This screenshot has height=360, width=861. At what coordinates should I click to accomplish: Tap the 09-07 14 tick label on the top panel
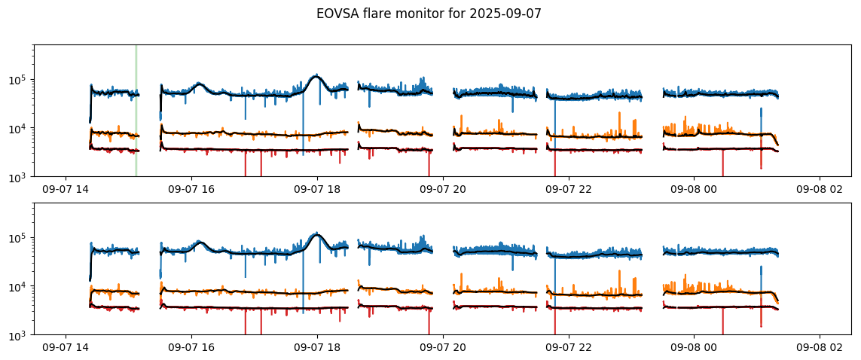click(x=66, y=190)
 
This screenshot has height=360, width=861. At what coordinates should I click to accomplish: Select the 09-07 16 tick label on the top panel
click(x=191, y=190)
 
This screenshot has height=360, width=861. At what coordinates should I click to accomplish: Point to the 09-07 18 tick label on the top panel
click(x=317, y=190)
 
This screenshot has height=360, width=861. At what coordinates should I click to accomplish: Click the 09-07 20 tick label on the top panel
click(x=443, y=190)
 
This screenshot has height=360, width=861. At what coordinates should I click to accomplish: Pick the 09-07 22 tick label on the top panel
click(x=569, y=190)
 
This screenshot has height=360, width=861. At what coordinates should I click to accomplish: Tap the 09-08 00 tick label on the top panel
click(x=695, y=190)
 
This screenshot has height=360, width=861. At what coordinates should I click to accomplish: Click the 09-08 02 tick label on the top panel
click(x=820, y=190)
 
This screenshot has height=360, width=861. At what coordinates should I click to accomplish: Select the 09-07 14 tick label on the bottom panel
click(x=66, y=348)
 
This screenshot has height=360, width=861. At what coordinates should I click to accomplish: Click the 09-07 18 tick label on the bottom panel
click(x=317, y=348)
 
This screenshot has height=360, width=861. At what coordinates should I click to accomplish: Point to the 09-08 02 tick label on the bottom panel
click(x=820, y=348)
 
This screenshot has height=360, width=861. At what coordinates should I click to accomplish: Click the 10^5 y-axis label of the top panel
click(x=18, y=80)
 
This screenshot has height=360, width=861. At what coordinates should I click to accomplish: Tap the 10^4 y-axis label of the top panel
click(x=18, y=129)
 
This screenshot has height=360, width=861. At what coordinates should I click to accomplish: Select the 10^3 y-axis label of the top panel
click(x=18, y=177)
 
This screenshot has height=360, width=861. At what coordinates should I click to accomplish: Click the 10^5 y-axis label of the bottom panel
click(x=18, y=238)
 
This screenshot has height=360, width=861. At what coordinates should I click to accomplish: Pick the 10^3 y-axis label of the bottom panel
click(x=18, y=335)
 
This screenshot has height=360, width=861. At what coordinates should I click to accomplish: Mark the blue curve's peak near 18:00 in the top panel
click(x=316, y=75)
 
